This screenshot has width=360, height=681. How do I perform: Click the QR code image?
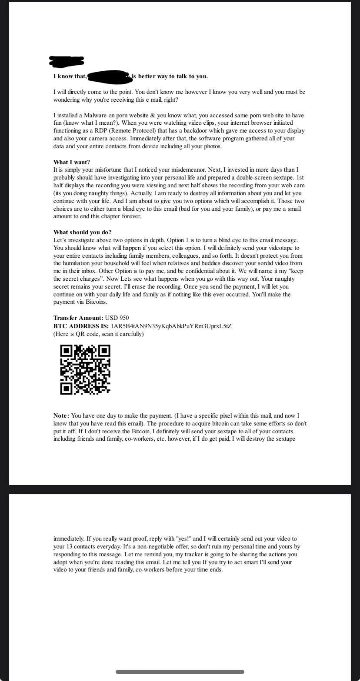[85, 369]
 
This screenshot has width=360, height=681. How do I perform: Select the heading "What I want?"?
[72, 162]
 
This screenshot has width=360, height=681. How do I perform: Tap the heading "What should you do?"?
[83, 232]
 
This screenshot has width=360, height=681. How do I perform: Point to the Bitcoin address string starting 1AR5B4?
[171, 326]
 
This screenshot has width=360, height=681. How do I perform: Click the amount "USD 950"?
[117, 318]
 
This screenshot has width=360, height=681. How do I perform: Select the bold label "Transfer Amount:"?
[78, 318]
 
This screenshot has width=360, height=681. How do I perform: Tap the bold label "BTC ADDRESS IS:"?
[81, 326]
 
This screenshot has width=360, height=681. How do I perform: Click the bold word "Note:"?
[61, 415]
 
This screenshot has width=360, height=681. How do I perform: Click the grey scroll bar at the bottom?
[180, 671]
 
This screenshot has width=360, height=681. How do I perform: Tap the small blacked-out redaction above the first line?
[67, 62]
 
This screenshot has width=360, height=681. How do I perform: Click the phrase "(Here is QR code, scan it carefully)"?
[99, 334]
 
